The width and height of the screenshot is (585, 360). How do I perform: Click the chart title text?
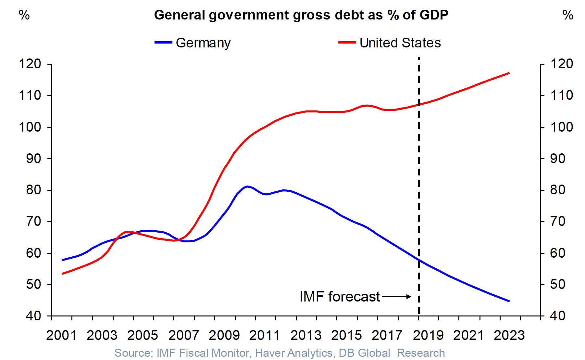(x=301, y=15)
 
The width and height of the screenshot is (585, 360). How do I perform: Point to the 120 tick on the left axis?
(x=30, y=64)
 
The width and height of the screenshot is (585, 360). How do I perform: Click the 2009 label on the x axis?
(x=224, y=335)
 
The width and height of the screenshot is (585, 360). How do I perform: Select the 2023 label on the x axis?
(x=509, y=335)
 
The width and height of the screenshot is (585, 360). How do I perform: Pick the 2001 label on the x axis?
(x=61, y=335)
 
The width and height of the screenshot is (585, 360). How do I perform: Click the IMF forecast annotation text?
(x=340, y=297)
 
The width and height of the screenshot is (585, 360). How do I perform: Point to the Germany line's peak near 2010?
(x=247, y=186)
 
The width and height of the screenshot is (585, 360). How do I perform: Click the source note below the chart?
(x=280, y=353)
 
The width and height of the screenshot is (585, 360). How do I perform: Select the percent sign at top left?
(x=24, y=15)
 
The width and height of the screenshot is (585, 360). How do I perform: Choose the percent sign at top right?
(x=568, y=15)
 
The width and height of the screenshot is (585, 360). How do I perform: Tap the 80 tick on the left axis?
(x=34, y=190)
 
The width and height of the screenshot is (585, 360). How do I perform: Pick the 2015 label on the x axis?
(x=346, y=335)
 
